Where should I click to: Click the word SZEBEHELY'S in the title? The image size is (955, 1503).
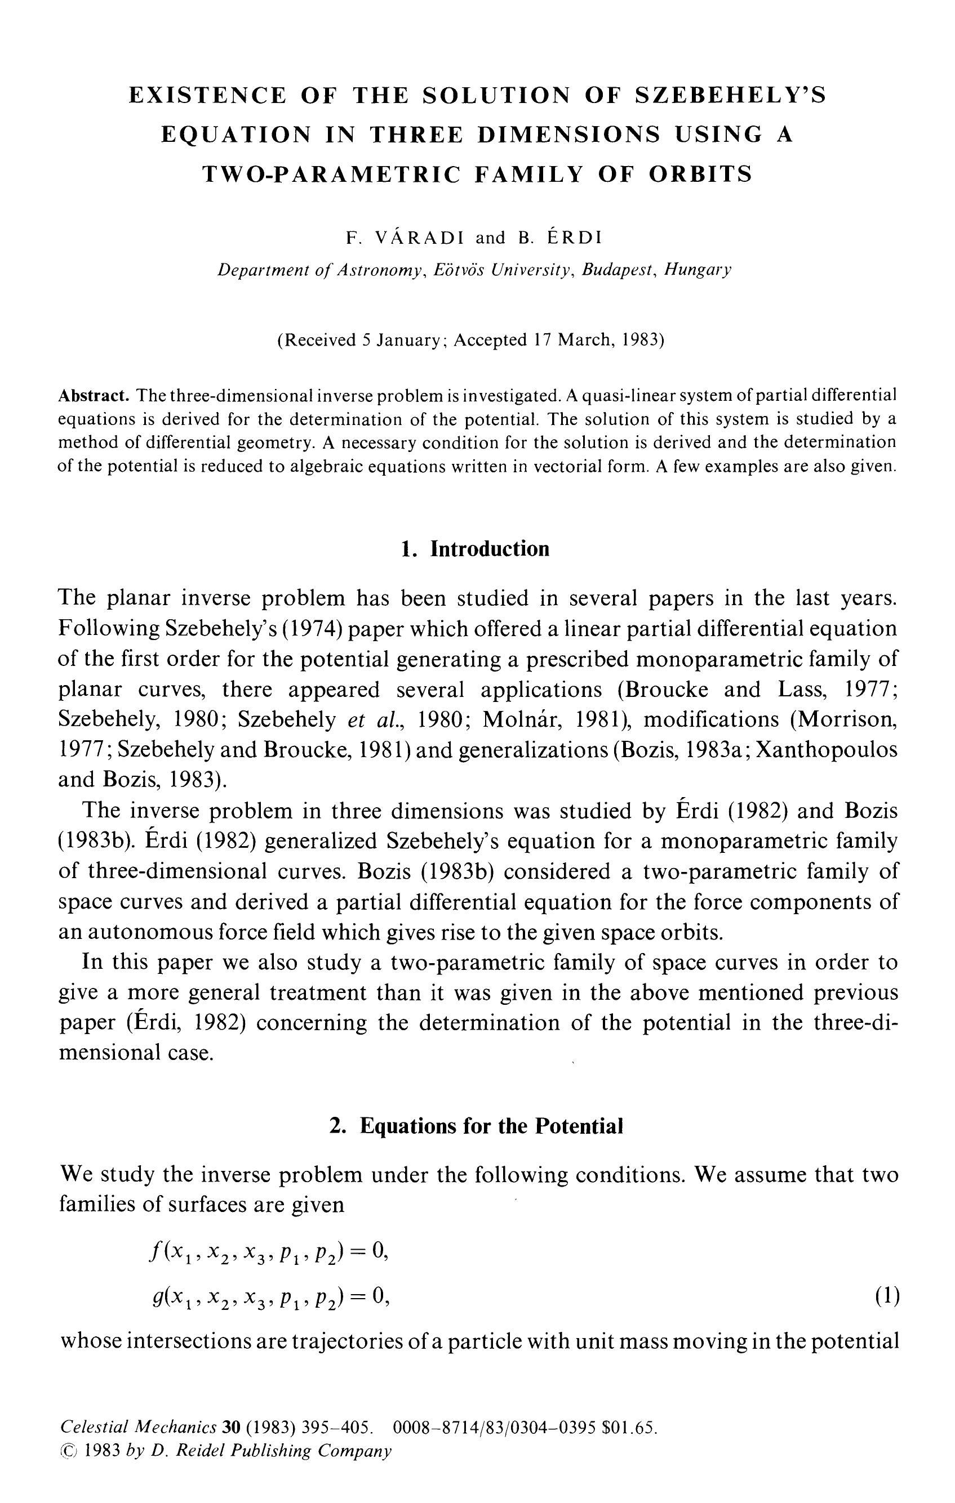point(730,96)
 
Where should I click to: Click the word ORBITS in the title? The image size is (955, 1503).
point(701,174)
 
